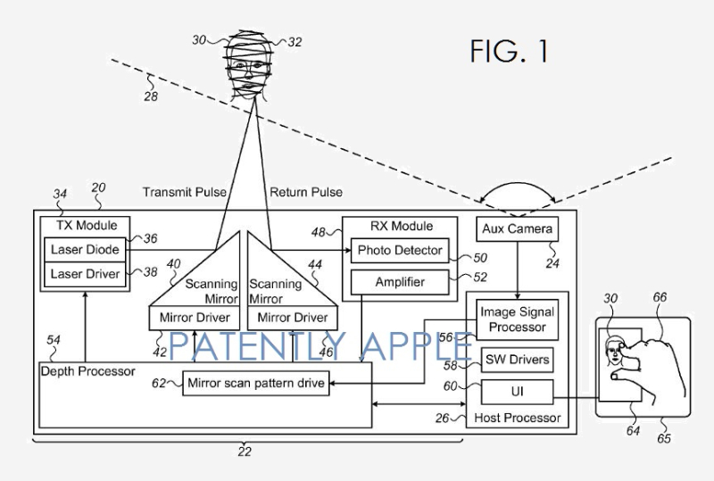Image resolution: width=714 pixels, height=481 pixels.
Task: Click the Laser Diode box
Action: tap(84, 249)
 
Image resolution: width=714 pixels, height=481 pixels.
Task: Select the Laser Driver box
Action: tap(84, 273)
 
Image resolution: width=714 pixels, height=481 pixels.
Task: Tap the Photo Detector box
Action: tap(399, 251)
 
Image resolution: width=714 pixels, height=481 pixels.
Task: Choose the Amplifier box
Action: tap(399, 283)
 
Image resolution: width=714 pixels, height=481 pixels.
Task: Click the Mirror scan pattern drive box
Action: tap(256, 385)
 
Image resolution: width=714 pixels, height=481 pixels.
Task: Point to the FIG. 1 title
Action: tap(509, 51)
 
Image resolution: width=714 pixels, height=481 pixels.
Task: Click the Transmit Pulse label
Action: tap(185, 192)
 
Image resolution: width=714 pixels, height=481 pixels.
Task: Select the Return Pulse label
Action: tap(306, 192)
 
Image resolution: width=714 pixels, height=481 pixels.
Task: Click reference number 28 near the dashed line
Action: tap(151, 95)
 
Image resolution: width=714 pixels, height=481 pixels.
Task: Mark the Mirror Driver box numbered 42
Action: tap(195, 317)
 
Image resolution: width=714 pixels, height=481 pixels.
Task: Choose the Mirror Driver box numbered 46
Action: tap(293, 317)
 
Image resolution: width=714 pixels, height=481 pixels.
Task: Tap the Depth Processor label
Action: tap(87, 370)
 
